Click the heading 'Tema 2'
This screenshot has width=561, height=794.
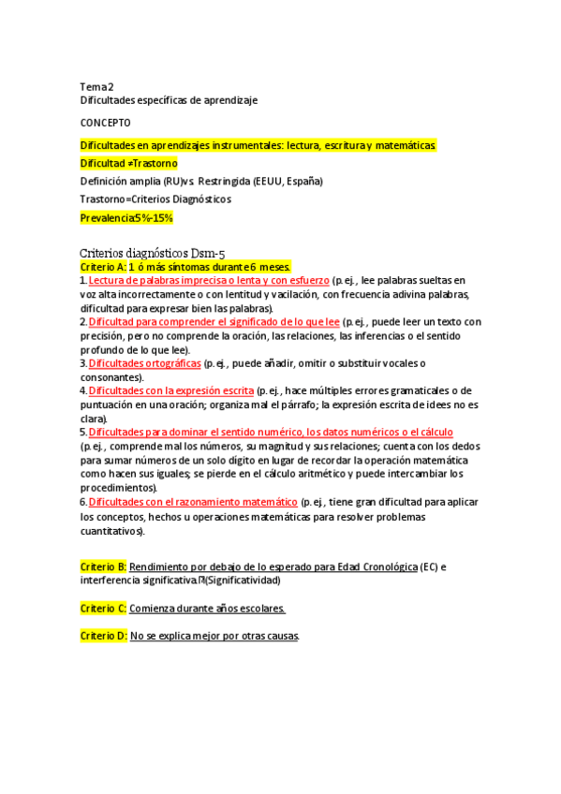(x=97, y=86)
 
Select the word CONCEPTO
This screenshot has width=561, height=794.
(x=105, y=123)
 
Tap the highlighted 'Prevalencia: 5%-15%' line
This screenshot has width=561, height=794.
(x=126, y=217)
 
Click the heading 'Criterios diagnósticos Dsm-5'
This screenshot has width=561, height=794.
(x=153, y=253)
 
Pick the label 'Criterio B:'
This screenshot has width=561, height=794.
(x=103, y=566)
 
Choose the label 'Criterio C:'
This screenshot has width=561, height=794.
(x=103, y=608)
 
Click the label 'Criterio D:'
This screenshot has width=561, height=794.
(x=103, y=636)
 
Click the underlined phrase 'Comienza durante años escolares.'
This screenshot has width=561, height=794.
(x=207, y=608)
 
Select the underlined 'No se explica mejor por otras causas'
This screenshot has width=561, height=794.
(x=214, y=636)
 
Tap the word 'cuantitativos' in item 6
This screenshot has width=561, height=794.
(x=111, y=530)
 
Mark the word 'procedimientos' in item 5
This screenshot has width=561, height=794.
(x=117, y=488)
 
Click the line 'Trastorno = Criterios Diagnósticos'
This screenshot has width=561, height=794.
(x=155, y=198)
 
